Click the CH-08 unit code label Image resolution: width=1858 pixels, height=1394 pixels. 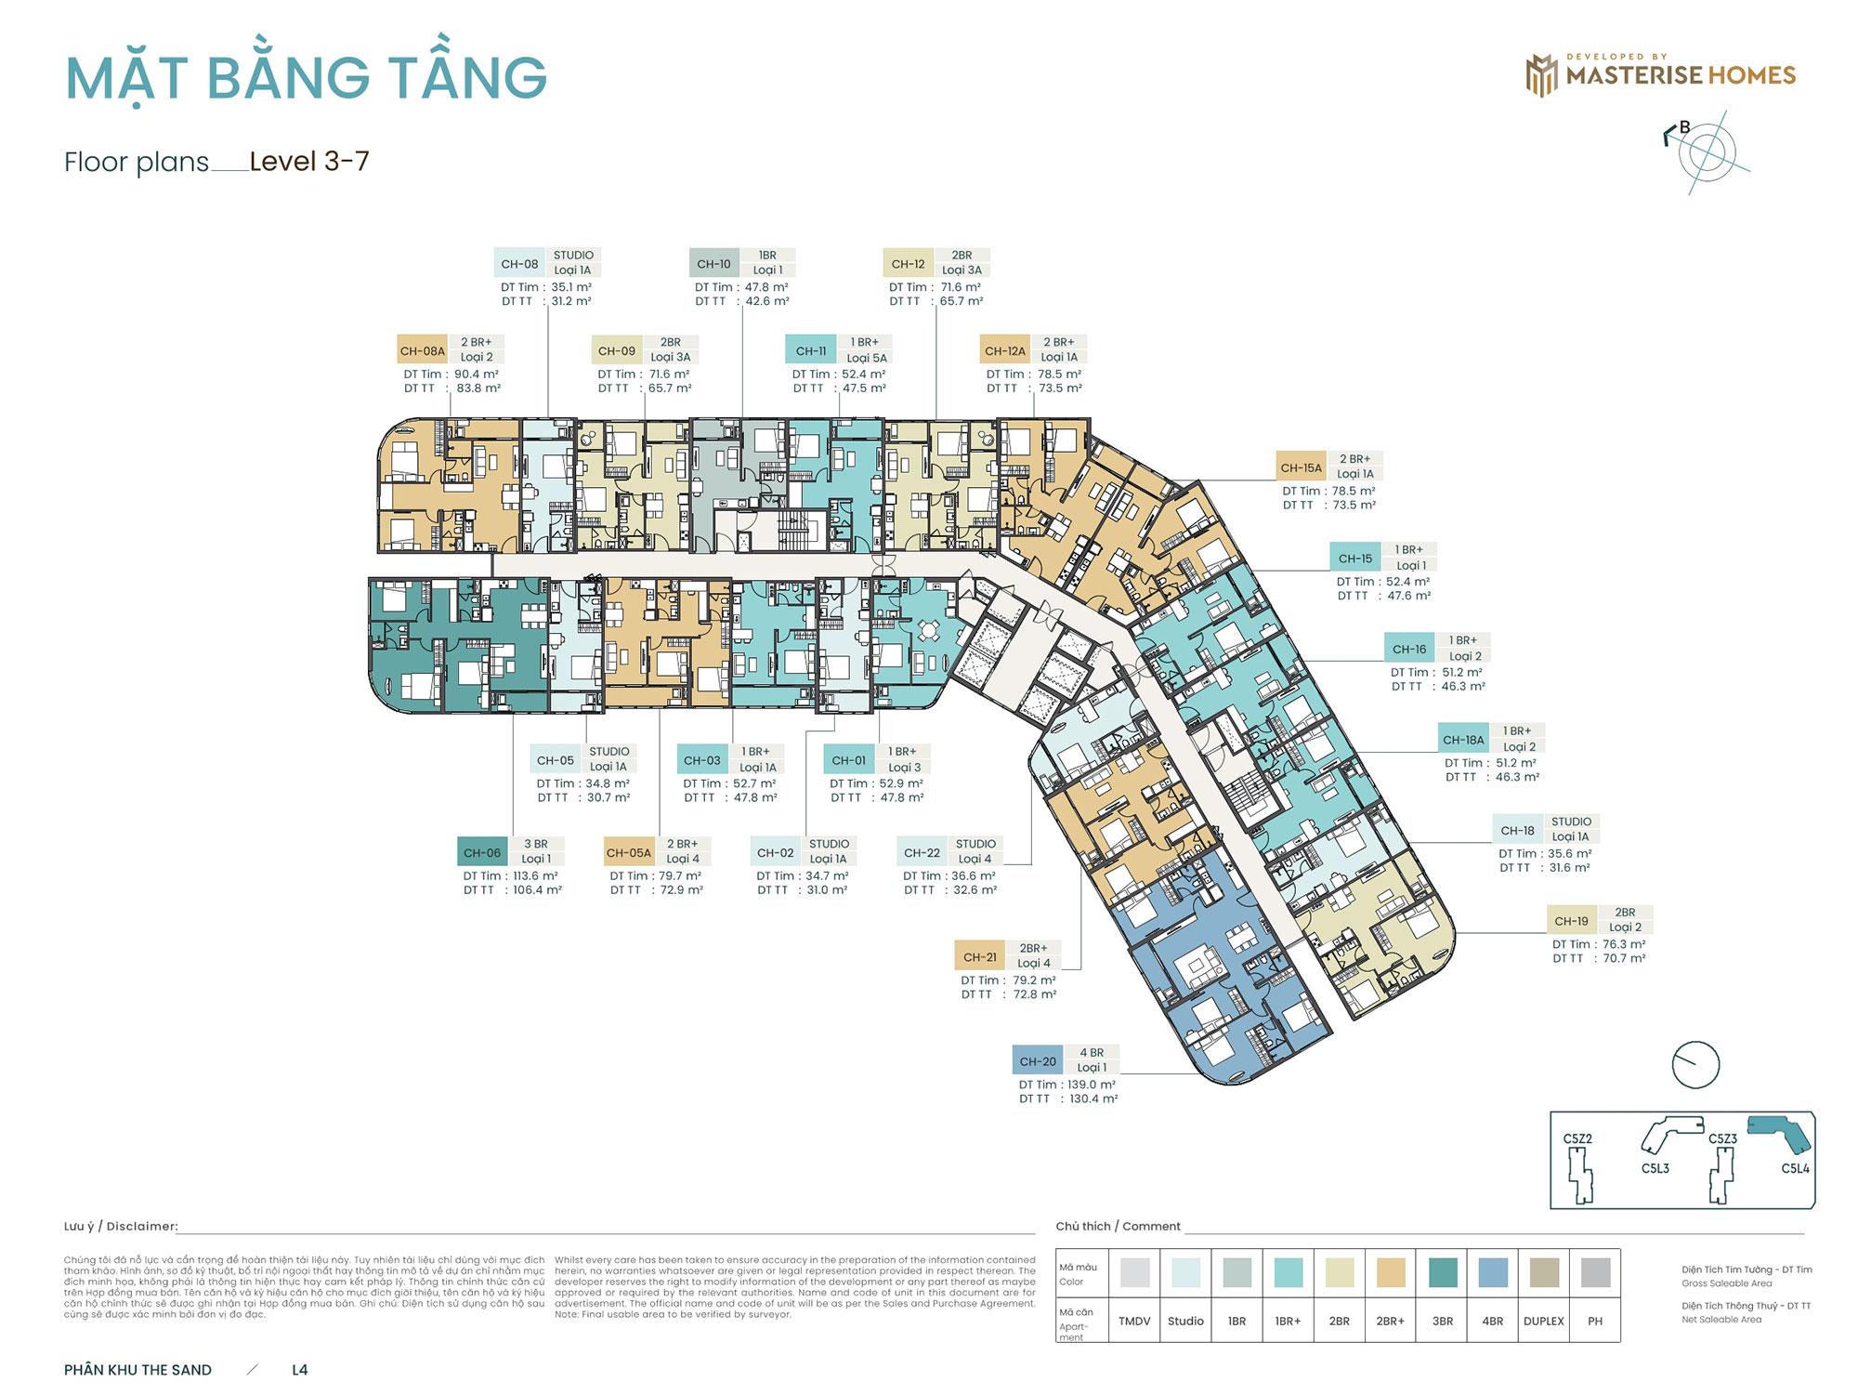coord(519,263)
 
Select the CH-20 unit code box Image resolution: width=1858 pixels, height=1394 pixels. coord(1038,1060)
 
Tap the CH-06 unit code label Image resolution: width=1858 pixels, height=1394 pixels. coord(482,852)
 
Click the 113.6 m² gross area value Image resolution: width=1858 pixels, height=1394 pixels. coord(535,875)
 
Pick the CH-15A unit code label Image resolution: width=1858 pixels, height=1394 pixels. coord(1301,467)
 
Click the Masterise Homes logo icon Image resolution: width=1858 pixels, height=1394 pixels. coord(1541,75)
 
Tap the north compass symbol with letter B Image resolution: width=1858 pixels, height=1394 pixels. coord(1708,151)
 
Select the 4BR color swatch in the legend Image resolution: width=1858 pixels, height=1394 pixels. coord(1492,1272)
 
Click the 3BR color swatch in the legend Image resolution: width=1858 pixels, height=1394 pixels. coord(1442,1272)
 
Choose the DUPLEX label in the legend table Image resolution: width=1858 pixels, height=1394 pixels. coord(1543,1321)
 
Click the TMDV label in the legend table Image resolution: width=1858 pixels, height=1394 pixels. coord(1134,1321)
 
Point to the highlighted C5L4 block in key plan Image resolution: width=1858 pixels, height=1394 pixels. coord(1779,1133)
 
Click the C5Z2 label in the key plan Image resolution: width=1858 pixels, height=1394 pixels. coord(1577,1138)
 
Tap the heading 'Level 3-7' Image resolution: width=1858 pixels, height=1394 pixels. coord(309,162)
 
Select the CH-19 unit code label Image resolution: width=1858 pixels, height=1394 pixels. coord(1571,921)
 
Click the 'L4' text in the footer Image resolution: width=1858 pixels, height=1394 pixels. coord(299,1370)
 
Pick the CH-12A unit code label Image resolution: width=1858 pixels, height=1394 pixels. coord(1005,350)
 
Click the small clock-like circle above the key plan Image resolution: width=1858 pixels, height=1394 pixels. coord(1695,1064)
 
